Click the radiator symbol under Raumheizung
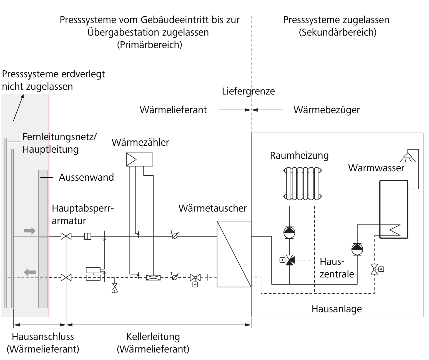pyautogui.click(x=302, y=183)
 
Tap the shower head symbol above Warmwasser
pyautogui.click(x=408, y=157)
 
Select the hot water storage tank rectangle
pyautogui.click(x=393, y=209)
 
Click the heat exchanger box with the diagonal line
pyautogui.click(x=234, y=254)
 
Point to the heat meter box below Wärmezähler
pyautogui.click(x=139, y=159)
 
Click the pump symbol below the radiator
pyautogui.click(x=289, y=232)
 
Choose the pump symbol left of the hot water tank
pyautogui.click(x=357, y=249)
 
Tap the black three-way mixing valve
pyautogui.click(x=289, y=260)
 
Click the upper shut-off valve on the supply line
pyautogui.click(x=66, y=236)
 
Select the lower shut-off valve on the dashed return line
pyautogui.click(x=66, y=277)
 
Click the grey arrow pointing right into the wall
pyautogui.click(x=30, y=231)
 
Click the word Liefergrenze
pyautogui.click(x=248, y=91)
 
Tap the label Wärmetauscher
pyautogui.click(x=212, y=208)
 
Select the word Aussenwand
pyautogui.click(x=86, y=177)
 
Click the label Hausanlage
pyautogui.click(x=337, y=309)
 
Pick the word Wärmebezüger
pyautogui.click(x=327, y=110)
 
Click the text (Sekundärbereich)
pyautogui.click(x=338, y=32)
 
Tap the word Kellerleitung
pyautogui.click(x=153, y=337)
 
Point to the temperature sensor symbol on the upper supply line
pyautogui.click(x=175, y=236)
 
